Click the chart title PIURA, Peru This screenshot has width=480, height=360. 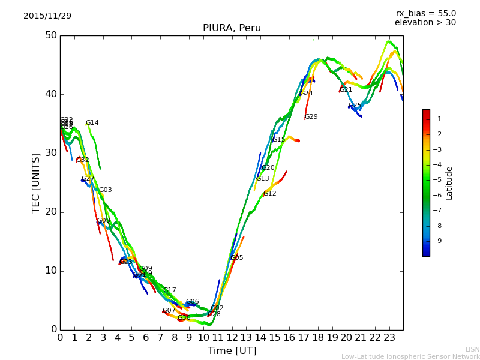coord(232,28)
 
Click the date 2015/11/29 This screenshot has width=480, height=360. coord(47,16)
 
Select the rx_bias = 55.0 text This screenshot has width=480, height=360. coord(425,13)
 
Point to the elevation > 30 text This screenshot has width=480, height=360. coord(425,23)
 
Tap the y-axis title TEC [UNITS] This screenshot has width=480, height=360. coord(36,182)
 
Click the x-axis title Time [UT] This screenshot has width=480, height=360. coord(232,350)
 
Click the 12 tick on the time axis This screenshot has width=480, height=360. coord(232,338)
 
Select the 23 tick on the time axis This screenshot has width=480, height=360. coord(389,338)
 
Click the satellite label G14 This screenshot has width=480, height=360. coord(92,123)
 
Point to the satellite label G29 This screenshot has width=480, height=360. coord(311,117)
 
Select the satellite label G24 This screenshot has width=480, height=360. coord(306,94)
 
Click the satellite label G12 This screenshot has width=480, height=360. coord(269,194)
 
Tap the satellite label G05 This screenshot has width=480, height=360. coord(236,258)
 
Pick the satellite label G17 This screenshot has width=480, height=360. coord(169,290)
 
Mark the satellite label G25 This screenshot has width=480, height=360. coord(355,106)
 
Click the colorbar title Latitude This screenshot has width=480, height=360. coord(449,183)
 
